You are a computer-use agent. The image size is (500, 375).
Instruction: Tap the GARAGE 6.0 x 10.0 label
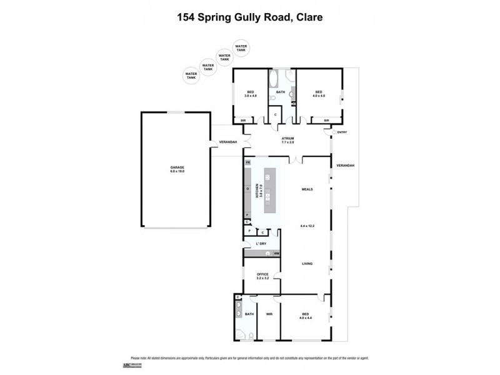pyautogui.click(x=178, y=169)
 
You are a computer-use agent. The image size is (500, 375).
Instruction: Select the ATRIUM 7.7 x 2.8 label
pyautogui.click(x=287, y=140)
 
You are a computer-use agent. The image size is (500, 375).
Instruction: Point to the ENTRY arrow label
pyautogui.click(x=341, y=132)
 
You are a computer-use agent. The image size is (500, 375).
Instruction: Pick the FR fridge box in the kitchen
pyautogui.click(x=247, y=162)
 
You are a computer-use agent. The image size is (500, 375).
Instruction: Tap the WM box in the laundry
pyautogui.click(x=276, y=253)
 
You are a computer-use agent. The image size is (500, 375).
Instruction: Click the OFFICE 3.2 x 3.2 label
pyautogui.click(x=262, y=276)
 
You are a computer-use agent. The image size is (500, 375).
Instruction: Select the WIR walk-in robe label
pyautogui.click(x=270, y=314)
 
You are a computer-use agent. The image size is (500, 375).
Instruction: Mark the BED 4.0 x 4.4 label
pyautogui.click(x=306, y=316)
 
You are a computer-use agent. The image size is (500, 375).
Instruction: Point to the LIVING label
pyautogui.click(x=306, y=264)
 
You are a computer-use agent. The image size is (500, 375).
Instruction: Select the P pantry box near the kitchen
pyautogui.click(x=249, y=231)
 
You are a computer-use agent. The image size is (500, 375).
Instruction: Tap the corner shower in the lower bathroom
pyautogui.click(x=238, y=298)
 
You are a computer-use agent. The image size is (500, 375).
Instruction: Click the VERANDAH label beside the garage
pyautogui.click(x=227, y=143)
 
